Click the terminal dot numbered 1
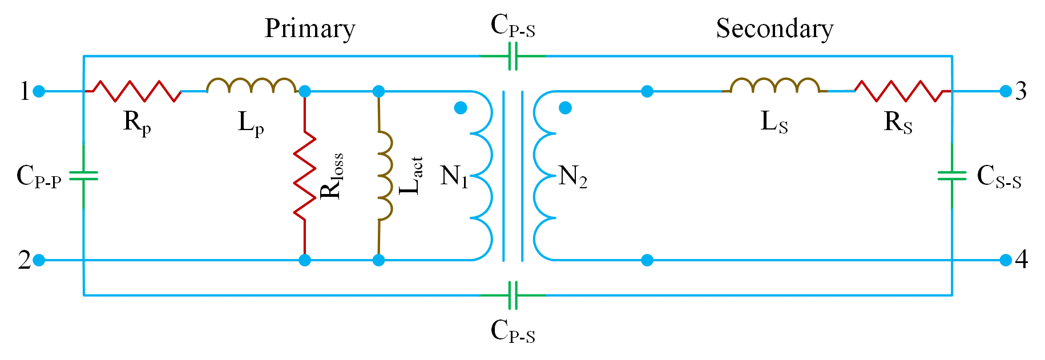point(39,91)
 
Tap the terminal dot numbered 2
point(39,260)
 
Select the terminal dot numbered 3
point(1006,91)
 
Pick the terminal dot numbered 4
point(1006,260)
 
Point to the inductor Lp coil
point(251,86)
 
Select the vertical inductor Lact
point(384,176)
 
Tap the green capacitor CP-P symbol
point(84,175)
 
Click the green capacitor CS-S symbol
point(952,175)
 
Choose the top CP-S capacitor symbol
point(513,56)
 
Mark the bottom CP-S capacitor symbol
point(513,295)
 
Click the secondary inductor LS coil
point(774,86)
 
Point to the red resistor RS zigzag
point(899,91)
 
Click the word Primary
point(310,29)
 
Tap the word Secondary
point(774,29)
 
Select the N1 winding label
point(454,176)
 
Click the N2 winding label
point(572,176)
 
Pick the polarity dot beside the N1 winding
point(461,108)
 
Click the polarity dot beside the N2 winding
point(565,108)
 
